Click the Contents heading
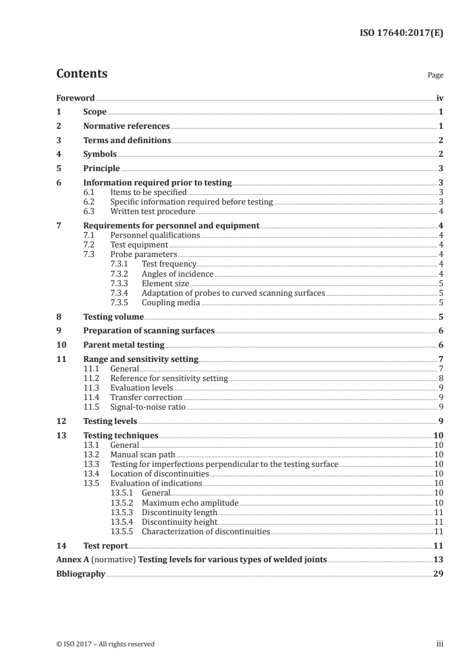[x=82, y=74]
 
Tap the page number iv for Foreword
[x=440, y=98]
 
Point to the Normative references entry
[x=126, y=126]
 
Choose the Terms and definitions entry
[x=127, y=141]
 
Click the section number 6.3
[x=89, y=211]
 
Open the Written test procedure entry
[x=153, y=211]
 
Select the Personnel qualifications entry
[x=155, y=236]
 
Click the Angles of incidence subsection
[x=177, y=274]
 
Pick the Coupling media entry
[x=170, y=303]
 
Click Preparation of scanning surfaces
[x=149, y=331]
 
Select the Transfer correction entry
[x=146, y=398]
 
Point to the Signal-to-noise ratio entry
[x=148, y=407]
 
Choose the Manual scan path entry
[x=143, y=455]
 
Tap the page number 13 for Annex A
[x=438, y=560]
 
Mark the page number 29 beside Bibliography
[x=438, y=574]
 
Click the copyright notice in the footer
[x=105, y=644]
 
